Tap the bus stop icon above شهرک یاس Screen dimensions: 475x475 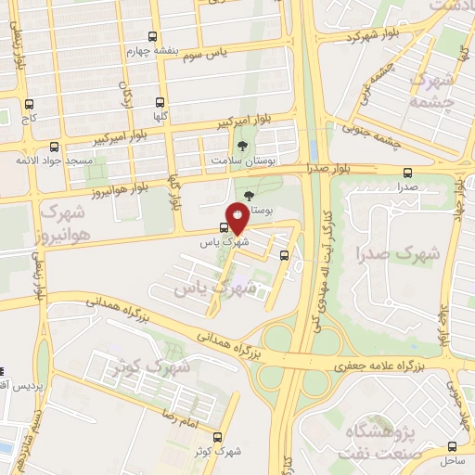tap(225, 227)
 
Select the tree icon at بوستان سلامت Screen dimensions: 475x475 tap(243, 146)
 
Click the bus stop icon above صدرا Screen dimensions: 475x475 tap(408, 172)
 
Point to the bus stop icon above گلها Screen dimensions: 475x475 tap(160, 103)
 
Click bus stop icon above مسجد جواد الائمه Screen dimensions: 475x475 tap(54, 147)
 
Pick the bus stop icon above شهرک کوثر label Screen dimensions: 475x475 tap(218, 437)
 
